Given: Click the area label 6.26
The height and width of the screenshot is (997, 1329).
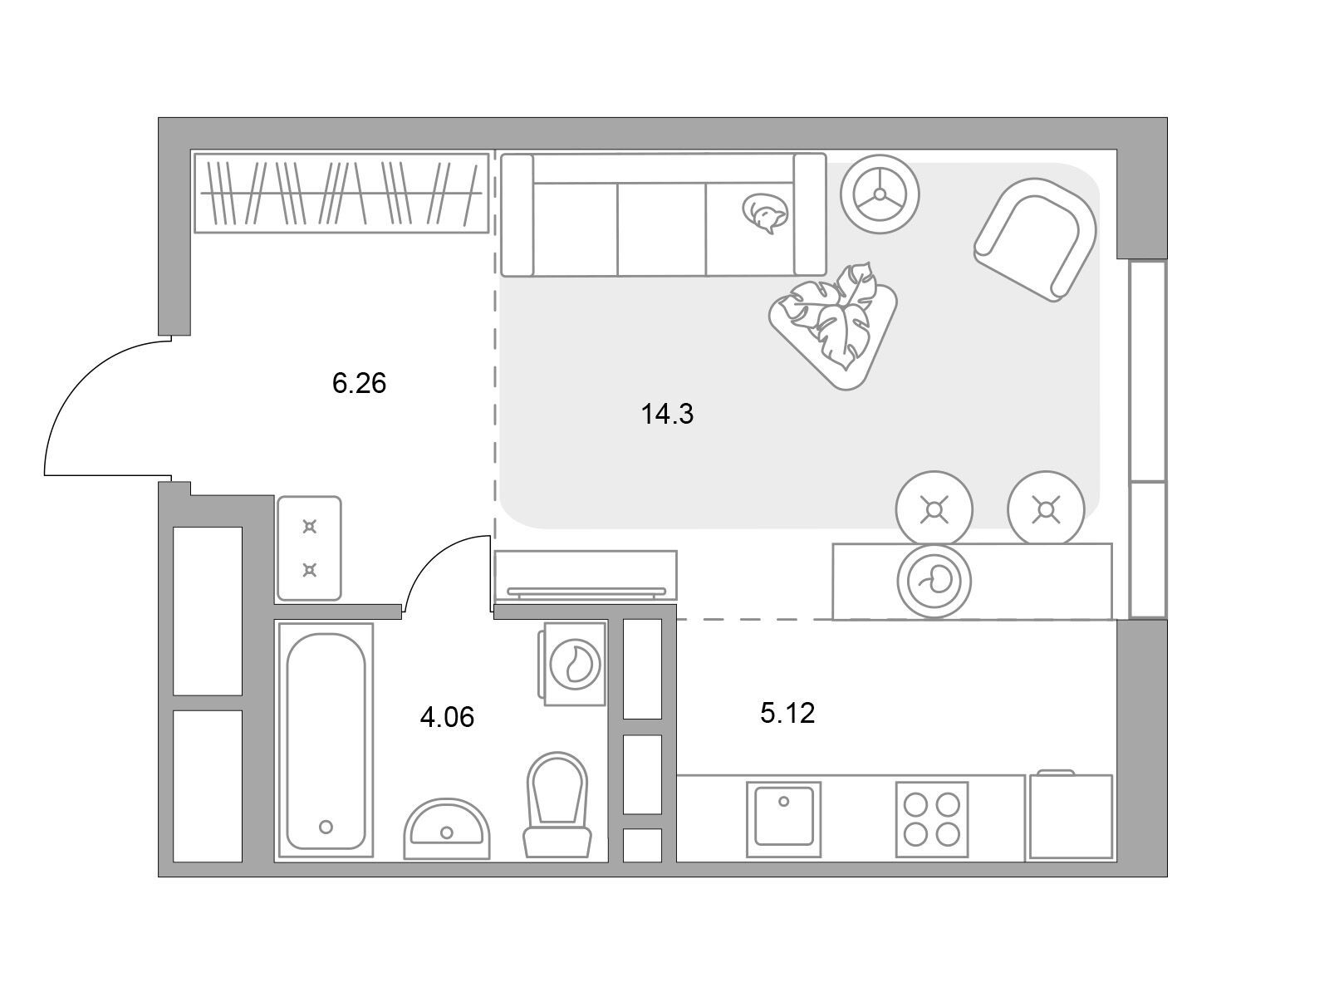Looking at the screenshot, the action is tap(359, 383).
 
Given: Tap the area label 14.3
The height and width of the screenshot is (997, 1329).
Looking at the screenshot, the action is tap(667, 414).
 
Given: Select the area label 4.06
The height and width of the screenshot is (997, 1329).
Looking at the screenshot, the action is tap(447, 717).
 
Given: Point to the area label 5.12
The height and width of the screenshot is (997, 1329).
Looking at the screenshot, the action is tap(787, 713).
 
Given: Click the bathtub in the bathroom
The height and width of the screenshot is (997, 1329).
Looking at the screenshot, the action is tap(326, 741).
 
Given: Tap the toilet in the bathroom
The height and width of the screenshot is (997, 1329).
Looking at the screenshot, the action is tap(557, 804).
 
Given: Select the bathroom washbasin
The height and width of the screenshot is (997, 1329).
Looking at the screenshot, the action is tap(446, 828).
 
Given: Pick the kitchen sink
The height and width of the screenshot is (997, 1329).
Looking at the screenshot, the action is tap(783, 820).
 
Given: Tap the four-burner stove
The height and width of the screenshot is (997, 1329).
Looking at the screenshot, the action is tap(932, 820).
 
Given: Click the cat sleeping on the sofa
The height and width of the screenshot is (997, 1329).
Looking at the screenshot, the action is tap(765, 213).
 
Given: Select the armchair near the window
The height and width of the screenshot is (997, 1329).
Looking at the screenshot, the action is tap(1035, 239).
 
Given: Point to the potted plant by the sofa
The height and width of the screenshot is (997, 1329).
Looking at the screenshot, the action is tap(834, 325).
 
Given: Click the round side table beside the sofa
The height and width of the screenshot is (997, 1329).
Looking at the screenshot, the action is tap(880, 194).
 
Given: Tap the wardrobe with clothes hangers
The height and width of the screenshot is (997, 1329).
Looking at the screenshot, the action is tap(341, 193).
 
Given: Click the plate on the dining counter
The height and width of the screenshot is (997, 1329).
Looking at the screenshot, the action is tap(934, 581).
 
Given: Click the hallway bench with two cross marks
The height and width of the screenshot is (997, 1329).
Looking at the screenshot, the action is tap(309, 548).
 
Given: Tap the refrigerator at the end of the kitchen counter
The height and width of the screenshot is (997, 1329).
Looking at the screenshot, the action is tap(1071, 816).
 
